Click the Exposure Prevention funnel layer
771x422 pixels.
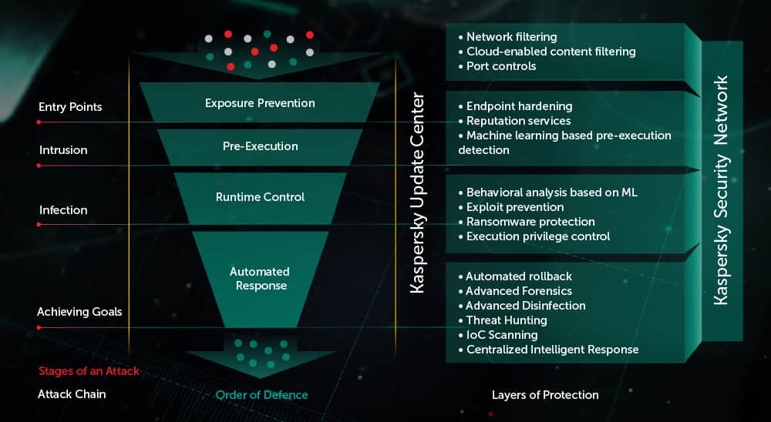pos(260,102)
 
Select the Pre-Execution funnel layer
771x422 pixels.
pos(261,146)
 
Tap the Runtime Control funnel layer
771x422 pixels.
pos(260,197)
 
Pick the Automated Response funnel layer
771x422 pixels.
pos(259,278)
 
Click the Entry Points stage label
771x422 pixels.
pos(70,107)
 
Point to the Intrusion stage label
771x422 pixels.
pos(63,150)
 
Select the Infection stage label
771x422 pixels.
pos(63,209)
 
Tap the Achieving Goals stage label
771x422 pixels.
pos(79,312)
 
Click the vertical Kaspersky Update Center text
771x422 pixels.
pos(417,193)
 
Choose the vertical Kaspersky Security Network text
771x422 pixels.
pos(721,190)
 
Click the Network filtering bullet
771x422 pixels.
pos(511,36)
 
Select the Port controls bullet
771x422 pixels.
pos(501,66)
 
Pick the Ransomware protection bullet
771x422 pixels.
pos(530,222)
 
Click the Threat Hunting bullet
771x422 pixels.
pos(507,320)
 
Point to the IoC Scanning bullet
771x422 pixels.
pos(502,335)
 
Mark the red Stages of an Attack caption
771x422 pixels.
pos(89,371)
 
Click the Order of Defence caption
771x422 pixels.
pos(261,395)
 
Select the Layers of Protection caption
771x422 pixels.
pos(545,395)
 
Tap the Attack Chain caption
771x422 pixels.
pos(72,394)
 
